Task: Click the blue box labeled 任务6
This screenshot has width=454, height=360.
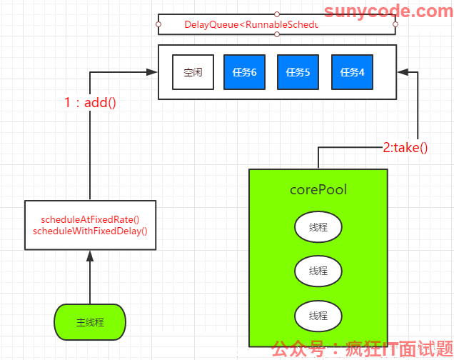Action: pyautogui.click(x=244, y=72)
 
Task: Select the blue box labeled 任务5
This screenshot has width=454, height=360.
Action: pyautogui.click(x=298, y=72)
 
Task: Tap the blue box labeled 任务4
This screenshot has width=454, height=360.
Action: pyautogui.click(x=352, y=72)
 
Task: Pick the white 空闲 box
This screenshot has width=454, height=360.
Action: pyautogui.click(x=193, y=72)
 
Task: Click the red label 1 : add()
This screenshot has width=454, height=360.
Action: pyautogui.click(x=90, y=103)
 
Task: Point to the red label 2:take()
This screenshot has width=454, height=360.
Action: pyautogui.click(x=405, y=148)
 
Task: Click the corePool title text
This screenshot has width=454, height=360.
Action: pyautogui.click(x=318, y=190)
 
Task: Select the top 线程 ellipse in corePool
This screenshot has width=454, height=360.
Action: pyautogui.click(x=318, y=226)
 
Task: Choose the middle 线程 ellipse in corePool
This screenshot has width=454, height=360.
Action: pyautogui.click(x=318, y=271)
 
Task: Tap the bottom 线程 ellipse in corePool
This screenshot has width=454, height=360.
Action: pyautogui.click(x=318, y=316)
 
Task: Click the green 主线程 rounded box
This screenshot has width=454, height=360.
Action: pyautogui.click(x=90, y=322)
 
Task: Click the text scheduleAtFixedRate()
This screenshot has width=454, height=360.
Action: pyautogui.click(x=90, y=219)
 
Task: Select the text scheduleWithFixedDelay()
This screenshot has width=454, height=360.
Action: pyautogui.click(x=90, y=231)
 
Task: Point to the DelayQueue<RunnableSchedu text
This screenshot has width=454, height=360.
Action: pyautogui.click(x=251, y=24)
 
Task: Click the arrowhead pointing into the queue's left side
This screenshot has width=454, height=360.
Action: pyautogui.click(x=151, y=72)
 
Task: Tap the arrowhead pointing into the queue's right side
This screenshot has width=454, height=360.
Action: pyautogui.click(x=403, y=72)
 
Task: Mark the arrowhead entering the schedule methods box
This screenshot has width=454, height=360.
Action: pyautogui.click(x=90, y=256)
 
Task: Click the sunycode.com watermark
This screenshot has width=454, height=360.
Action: pyautogui.click(x=388, y=11)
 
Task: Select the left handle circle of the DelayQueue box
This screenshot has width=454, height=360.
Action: pyautogui.click(x=158, y=24)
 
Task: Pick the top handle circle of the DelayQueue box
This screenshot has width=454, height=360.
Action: pyautogui.click(x=277, y=14)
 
